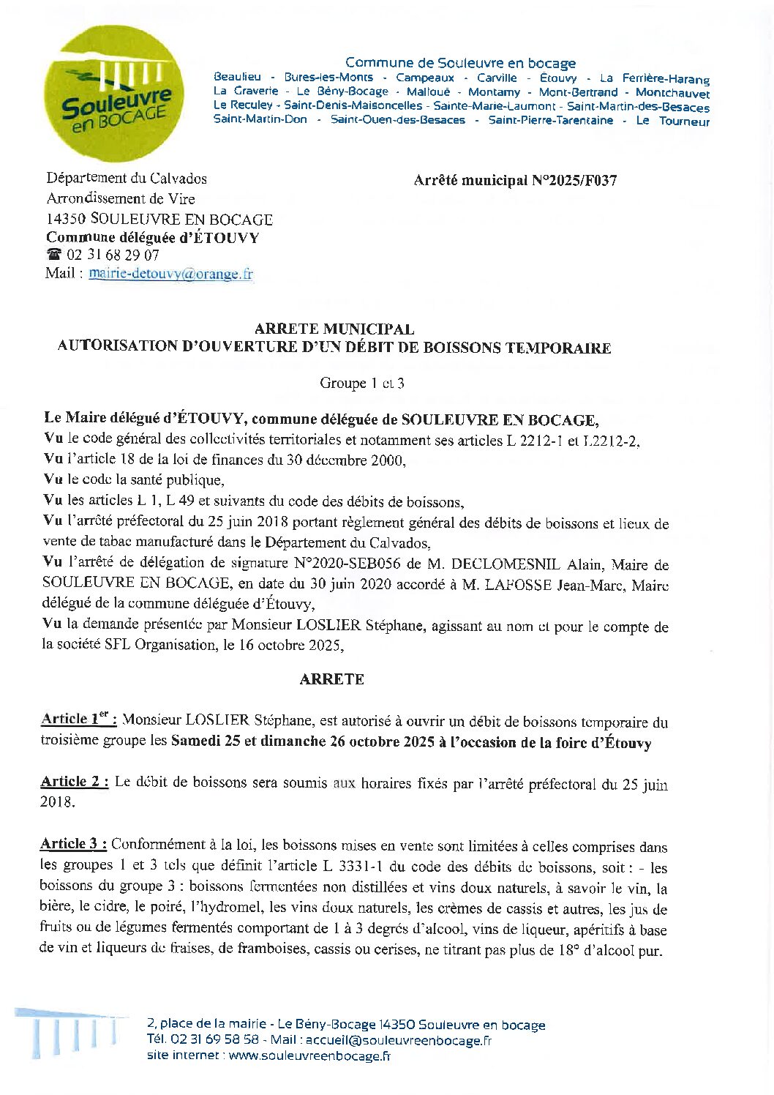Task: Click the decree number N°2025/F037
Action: point(571,180)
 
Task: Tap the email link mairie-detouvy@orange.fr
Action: point(170,274)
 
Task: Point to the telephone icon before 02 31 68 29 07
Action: point(54,255)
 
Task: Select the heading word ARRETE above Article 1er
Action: point(331,679)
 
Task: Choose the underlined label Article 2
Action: point(74,782)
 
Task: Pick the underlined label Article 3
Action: point(73,844)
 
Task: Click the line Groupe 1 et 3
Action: point(361,383)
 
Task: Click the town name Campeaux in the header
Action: point(425,78)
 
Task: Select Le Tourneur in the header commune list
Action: point(672,121)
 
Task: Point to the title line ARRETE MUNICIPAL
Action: point(334,330)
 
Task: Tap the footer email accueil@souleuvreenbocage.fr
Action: point(398,1040)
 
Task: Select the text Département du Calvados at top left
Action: point(127,179)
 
